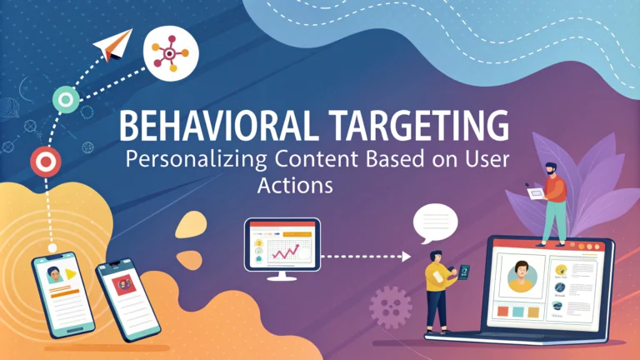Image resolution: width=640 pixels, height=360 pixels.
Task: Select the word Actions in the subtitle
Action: point(295,185)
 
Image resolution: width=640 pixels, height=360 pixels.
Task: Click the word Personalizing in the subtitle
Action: point(197,160)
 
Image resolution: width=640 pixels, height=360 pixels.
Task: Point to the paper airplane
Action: point(113,44)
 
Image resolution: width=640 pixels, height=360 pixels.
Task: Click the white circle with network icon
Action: point(171,53)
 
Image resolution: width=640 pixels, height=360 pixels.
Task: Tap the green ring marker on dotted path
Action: point(66,100)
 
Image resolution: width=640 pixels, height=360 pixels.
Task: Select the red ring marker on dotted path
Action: point(46,162)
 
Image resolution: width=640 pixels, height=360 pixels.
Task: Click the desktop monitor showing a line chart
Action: point(282,249)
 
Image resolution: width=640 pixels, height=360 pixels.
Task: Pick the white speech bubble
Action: point(435,223)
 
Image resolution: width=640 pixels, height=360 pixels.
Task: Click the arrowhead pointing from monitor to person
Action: point(406,257)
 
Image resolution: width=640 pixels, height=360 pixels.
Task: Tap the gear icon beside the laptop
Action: point(391,307)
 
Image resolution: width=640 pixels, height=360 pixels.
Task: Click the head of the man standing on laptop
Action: point(551,169)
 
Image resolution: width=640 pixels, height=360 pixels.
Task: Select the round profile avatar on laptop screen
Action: point(522,277)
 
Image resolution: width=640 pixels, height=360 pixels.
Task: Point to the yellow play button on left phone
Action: point(71,274)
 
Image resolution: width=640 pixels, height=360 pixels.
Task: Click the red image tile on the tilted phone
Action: point(124,285)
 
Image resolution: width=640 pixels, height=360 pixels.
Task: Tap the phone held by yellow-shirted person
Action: point(463,272)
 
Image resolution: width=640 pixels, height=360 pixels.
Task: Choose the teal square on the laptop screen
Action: point(518,312)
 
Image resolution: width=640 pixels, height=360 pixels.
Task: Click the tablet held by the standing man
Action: point(536,193)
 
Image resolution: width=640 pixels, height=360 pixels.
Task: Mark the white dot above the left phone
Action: point(52,247)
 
